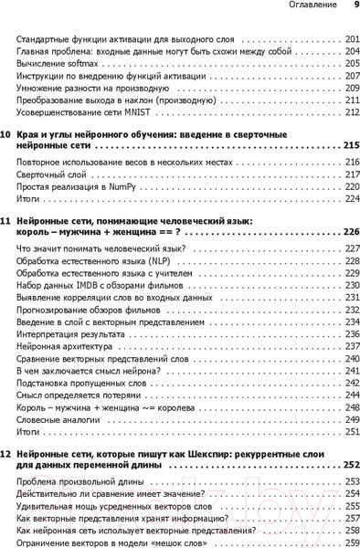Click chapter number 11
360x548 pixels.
pyautogui.click(x=6, y=222)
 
